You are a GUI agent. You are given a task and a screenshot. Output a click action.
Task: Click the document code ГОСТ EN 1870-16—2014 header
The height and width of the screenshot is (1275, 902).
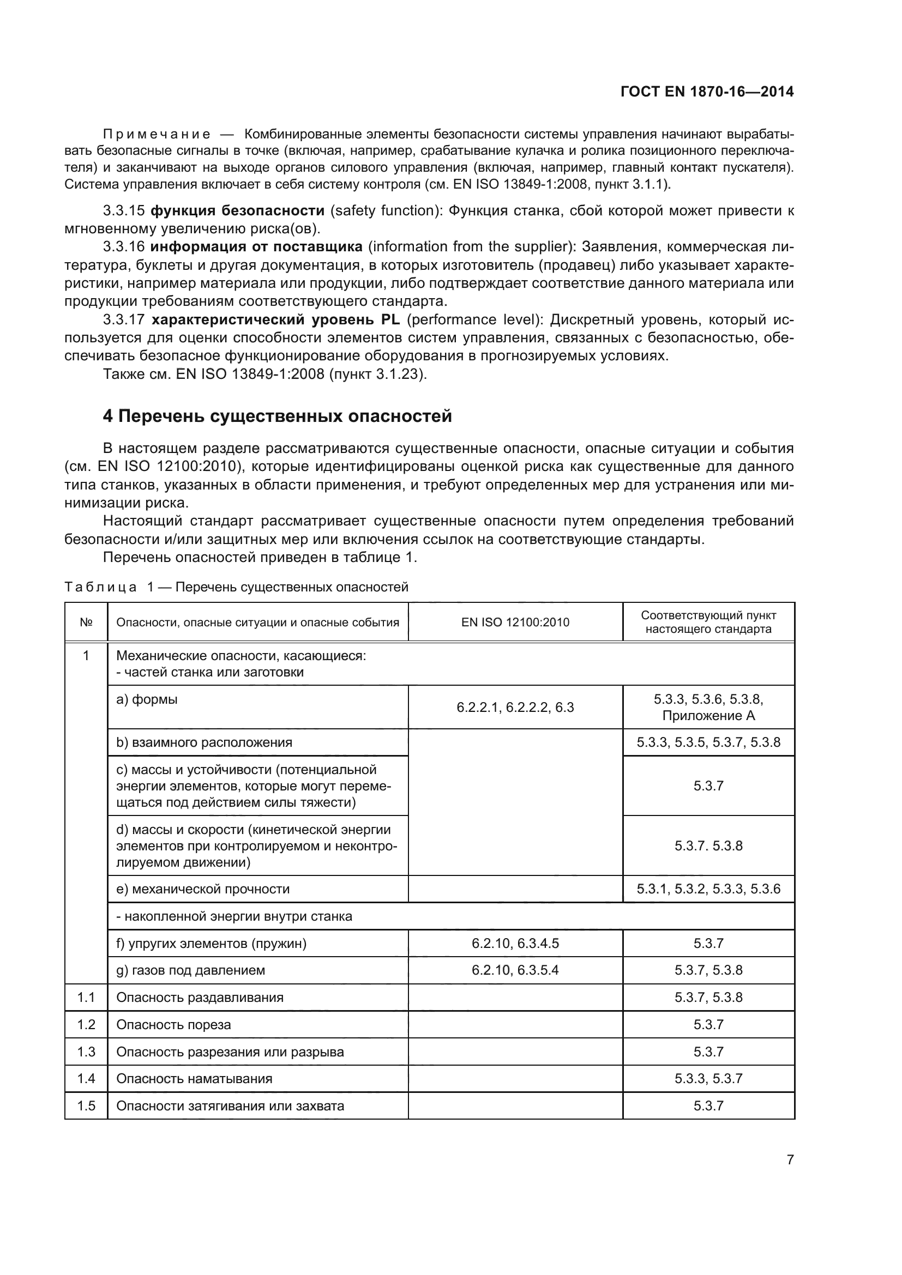(706, 92)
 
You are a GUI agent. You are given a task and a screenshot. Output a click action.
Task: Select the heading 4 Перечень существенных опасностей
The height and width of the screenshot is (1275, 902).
(277, 416)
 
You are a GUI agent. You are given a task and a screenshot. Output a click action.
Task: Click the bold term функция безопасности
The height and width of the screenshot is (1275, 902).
(238, 210)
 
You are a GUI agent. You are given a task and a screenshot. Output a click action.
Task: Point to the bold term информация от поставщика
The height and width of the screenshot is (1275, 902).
(257, 246)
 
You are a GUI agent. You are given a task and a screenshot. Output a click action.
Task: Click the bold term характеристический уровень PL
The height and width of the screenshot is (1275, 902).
(275, 319)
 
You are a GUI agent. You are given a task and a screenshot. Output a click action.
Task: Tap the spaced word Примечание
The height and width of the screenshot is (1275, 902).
(157, 135)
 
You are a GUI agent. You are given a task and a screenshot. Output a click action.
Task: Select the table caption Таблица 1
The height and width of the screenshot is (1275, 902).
(101, 587)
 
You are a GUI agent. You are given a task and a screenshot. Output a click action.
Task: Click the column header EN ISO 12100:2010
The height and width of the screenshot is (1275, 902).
(515, 622)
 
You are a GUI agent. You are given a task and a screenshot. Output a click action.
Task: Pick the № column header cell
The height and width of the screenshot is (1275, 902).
(86, 622)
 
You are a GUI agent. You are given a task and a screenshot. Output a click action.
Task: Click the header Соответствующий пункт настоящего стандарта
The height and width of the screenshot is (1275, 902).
(708, 622)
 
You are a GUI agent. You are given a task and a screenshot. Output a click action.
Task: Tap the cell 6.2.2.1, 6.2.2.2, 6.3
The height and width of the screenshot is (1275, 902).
(515, 708)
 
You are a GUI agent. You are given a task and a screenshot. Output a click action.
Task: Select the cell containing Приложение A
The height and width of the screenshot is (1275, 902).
(708, 715)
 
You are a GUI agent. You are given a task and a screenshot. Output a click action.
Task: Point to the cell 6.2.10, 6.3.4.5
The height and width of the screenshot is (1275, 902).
(515, 943)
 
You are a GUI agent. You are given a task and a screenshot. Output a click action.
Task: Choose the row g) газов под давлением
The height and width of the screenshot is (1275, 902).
(190, 970)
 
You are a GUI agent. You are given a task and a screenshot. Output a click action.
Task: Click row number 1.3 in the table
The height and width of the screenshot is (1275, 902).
(86, 1052)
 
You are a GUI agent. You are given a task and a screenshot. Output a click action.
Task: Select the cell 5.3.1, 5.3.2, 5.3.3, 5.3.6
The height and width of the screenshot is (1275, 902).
(708, 889)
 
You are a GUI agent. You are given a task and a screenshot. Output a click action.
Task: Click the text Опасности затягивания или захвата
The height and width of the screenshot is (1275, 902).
(230, 1105)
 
